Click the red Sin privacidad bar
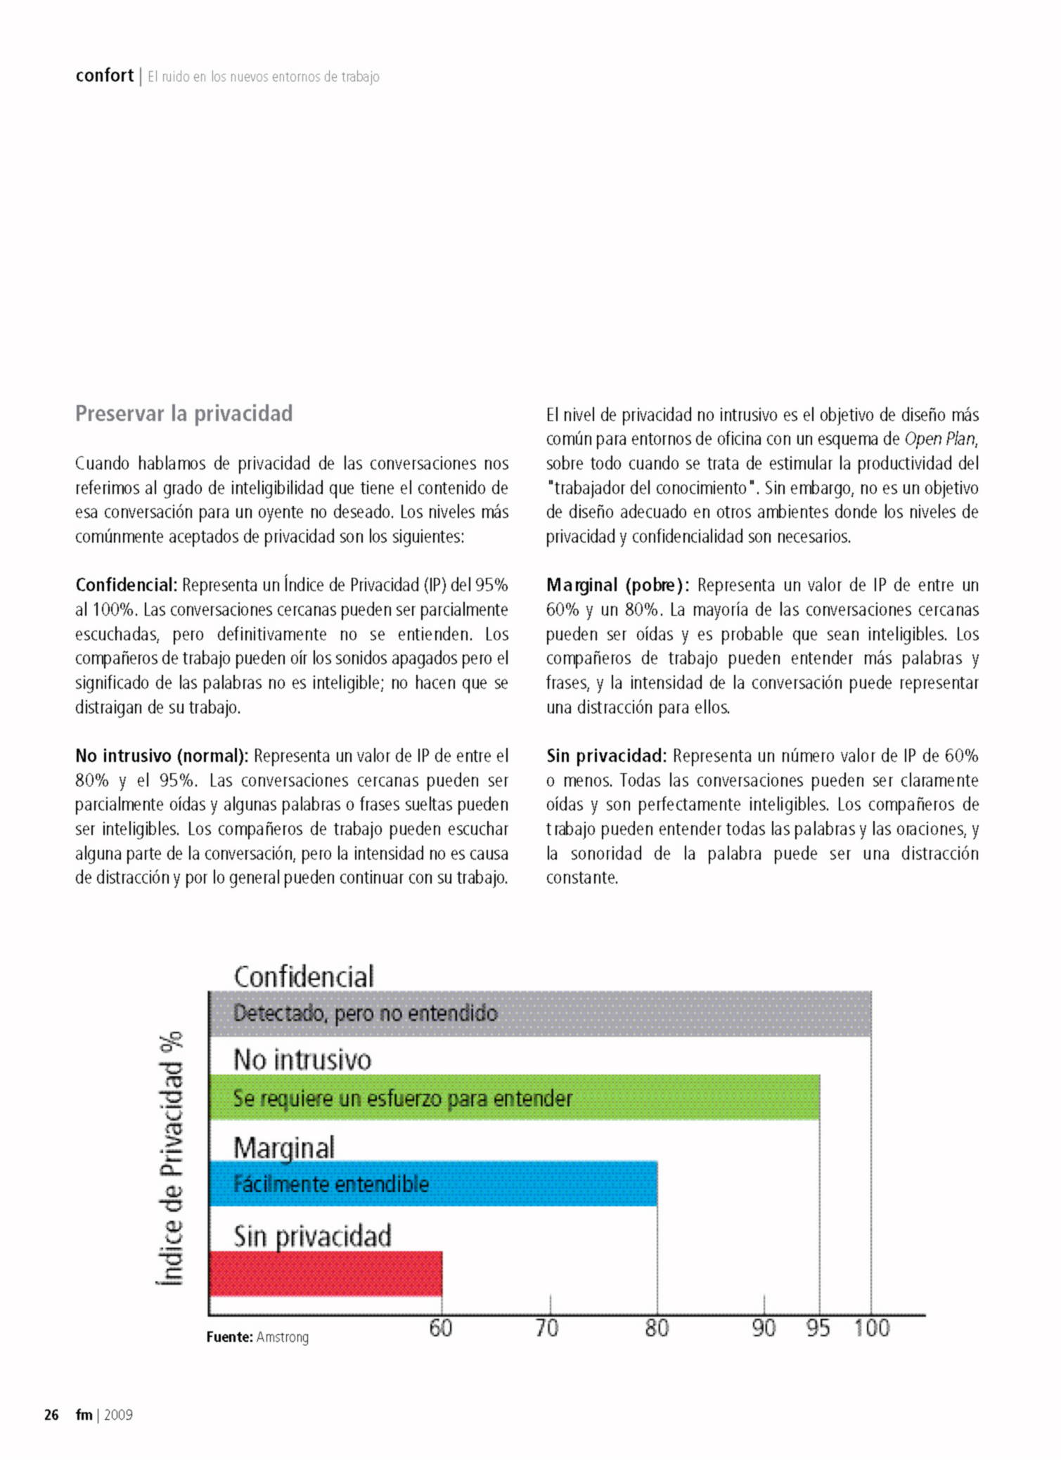tap(326, 1273)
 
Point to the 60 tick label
tap(441, 1328)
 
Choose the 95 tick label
tap(818, 1328)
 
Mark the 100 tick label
tap(872, 1328)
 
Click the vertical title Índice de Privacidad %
tap(170, 1158)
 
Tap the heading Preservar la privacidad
tap(184, 413)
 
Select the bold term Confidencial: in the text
tap(127, 585)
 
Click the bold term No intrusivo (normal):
tap(162, 756)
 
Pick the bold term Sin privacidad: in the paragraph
tap(606, 756)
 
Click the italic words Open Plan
tap(940, 439)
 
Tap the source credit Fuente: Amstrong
tap(257, 1337)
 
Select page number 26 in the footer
tap(51, 1415)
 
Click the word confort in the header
tap(104, 75)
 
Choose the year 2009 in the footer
tap(118, 1415)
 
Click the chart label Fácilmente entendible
tap(330, 1184)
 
